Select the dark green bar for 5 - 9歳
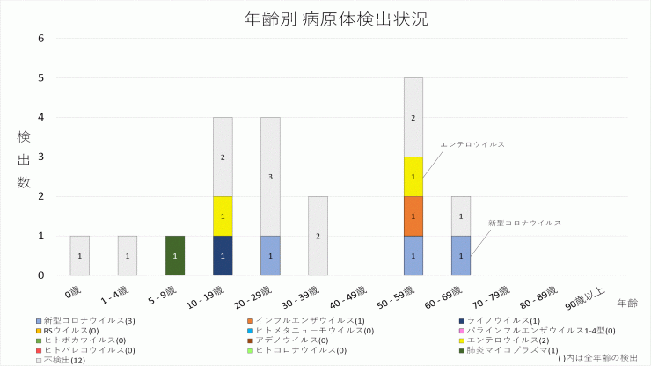(175, 255)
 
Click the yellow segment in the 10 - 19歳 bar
(223, 216)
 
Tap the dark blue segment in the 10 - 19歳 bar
(223, 255)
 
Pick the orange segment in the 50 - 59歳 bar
(413, 216)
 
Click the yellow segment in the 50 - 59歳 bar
(413, 176)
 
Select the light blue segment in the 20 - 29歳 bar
(270, 255)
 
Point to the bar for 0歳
(79, 255)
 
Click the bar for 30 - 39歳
(318, 236)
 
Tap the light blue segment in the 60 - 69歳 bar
(461, 255)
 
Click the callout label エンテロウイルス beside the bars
(472, 143)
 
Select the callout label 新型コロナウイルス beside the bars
(524, 223)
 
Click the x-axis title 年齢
(627, 303)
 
